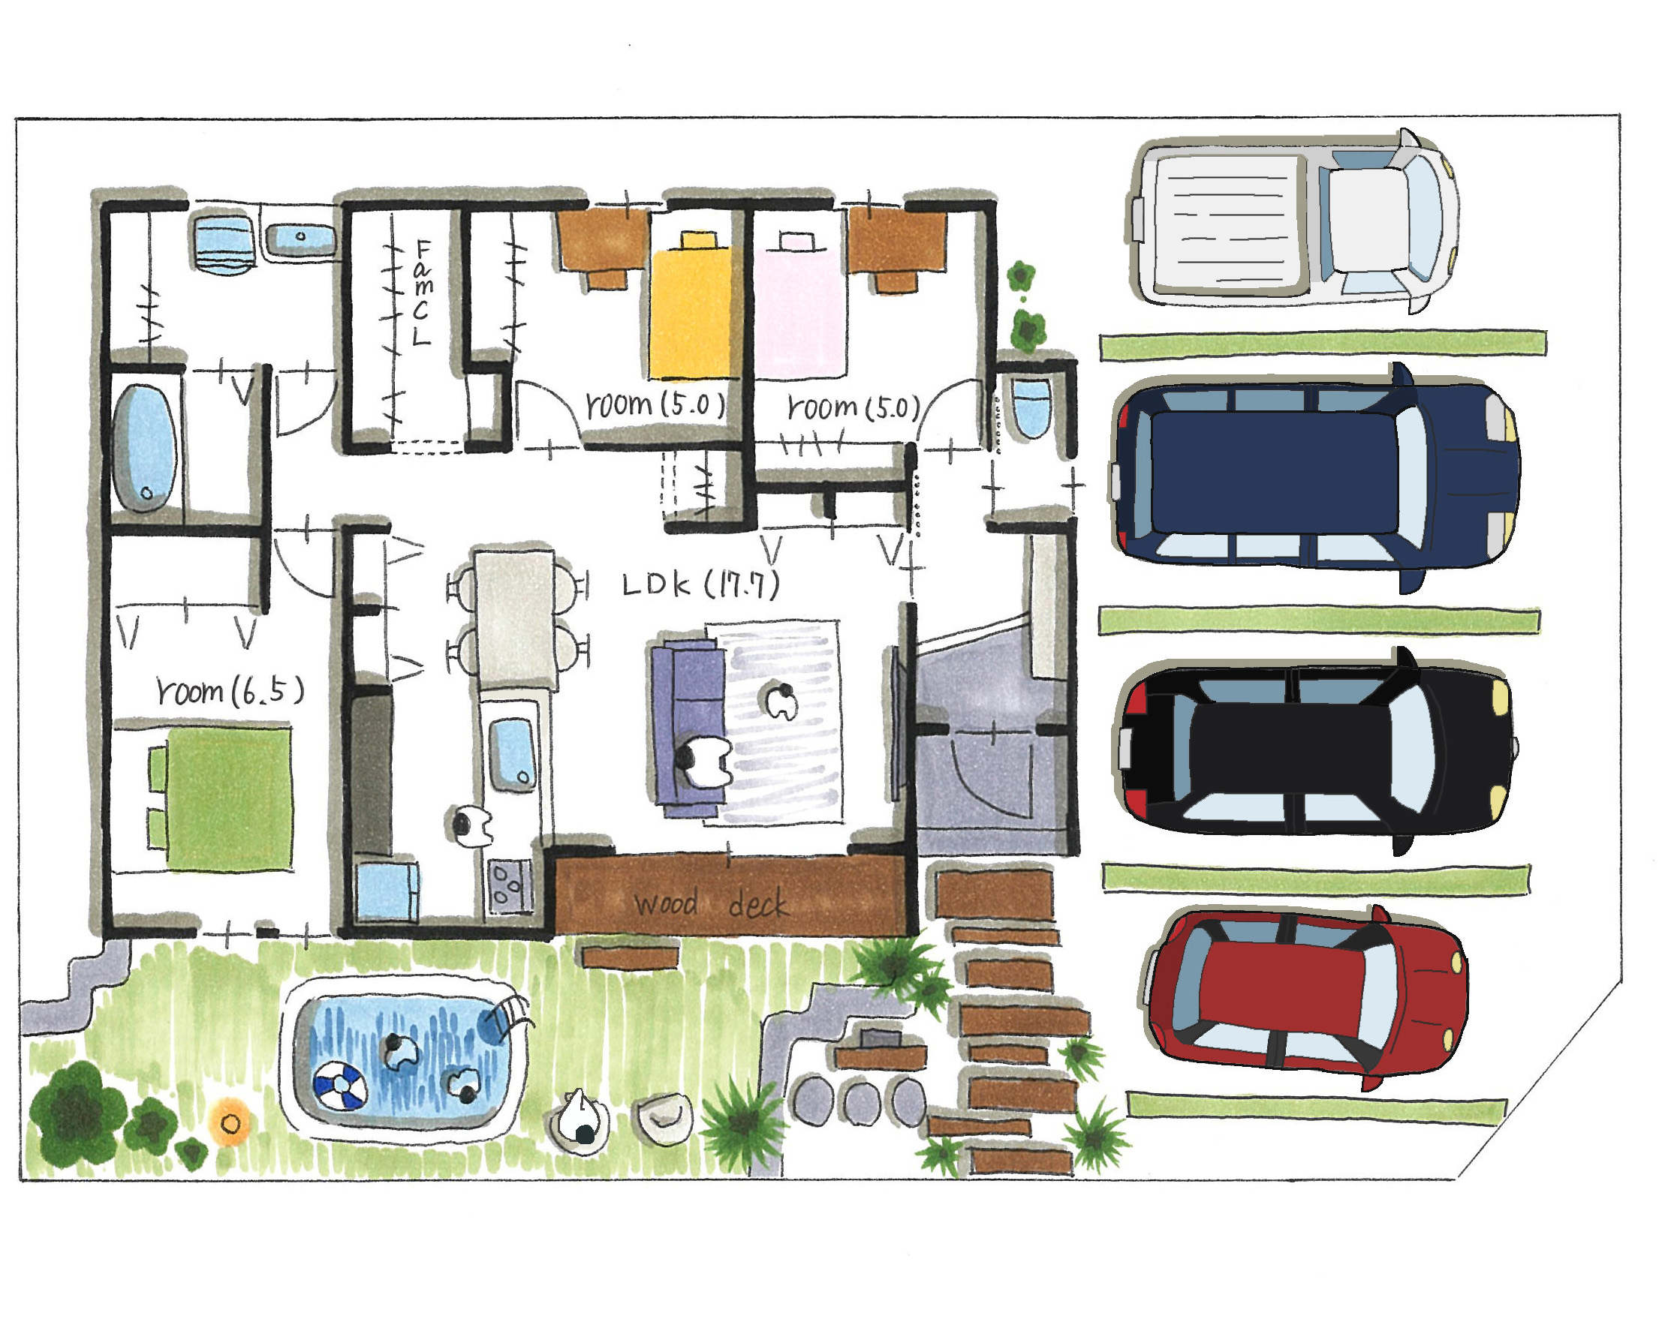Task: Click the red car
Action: click(x=1306, y=998)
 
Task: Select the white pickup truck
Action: click(x=1293, y=221)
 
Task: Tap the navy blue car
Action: click(x=1315, y=478)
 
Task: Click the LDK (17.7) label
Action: click(x=701, y=584)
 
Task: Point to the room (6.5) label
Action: click(x=230, y=690)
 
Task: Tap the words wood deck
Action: click(x=710, y=903)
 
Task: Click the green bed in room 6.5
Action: click(x=221, y=797)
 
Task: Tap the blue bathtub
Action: click(x=144, y=449)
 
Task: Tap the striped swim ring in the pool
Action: click(x=340, y=1086)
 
